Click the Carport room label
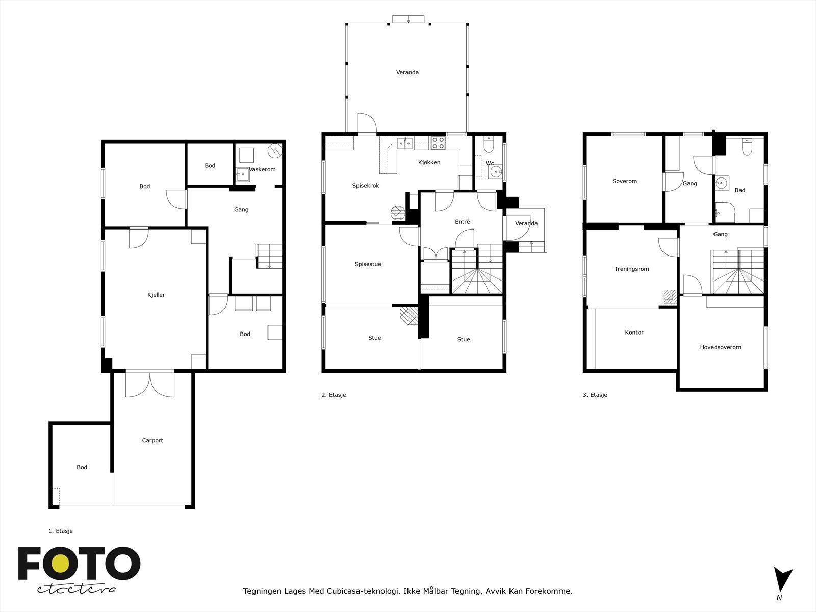click(x=152, y=440)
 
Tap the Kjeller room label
click(x=156, y=295)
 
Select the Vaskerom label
click(x=263, y=169)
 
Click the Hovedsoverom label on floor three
click(x=720, y=347)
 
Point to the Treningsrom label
click(x=631, y=269)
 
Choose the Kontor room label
click(x=634, y=332)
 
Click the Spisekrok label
click(x=366, y=186)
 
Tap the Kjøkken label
click(x=429, y=162)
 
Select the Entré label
click(x=462, y=222)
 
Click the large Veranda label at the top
click(x=407, y=72)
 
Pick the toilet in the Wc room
click(x=488, y=146)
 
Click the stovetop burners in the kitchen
click(x=438, y=143)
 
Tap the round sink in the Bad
click(x=721, y=182)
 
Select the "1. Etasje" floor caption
click(x=61, y=531)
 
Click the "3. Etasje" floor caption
click(x=595, y=395)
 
